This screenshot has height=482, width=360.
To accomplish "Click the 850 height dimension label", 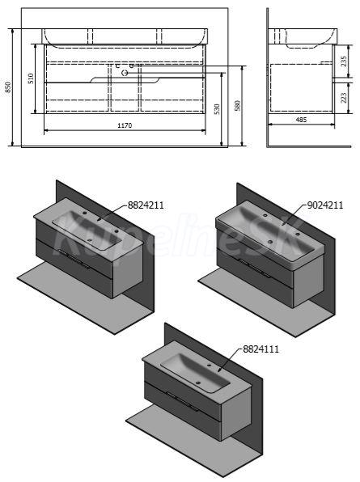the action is [x=9, y=87].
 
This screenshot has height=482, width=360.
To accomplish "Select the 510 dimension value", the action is [x=31, y=78].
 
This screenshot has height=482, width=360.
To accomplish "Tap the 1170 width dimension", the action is [x=125, y=125].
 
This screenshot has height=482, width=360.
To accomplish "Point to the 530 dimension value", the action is [x=217, y=109].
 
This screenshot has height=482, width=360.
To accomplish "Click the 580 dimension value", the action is [x=237, y=105].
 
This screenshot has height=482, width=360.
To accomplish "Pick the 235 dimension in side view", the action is [x=344, y=61].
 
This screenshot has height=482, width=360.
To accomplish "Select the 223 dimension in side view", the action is [x=344, y=98].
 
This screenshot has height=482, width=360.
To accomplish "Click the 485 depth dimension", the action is [x=301, y=120].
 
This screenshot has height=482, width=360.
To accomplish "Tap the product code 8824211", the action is [x=146, y=205].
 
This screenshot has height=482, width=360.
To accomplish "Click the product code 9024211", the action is [x=325, y=205].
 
